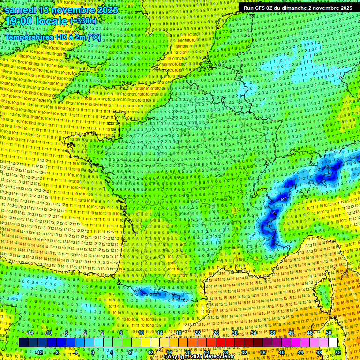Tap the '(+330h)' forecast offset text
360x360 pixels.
(x=83, y=21)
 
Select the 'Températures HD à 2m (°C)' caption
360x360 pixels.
(x=53, y=37)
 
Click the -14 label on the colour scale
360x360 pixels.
(x=30, y=333)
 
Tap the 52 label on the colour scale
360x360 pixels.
(x=337, y=352)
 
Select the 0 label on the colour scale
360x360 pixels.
(x=93, y=352)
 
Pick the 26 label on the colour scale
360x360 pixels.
(x=216, y=333)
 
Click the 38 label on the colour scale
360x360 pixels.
(x=272, y=333)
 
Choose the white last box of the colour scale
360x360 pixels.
(x=333, y=343)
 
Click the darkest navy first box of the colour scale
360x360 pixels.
(x=23, y=343)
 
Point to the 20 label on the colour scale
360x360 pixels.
(x=187, y=352)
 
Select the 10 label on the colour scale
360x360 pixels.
(x=141, y=333)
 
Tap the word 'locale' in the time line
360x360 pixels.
(x=53, y=22)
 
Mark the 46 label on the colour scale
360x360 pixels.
(x=310, y=333)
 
